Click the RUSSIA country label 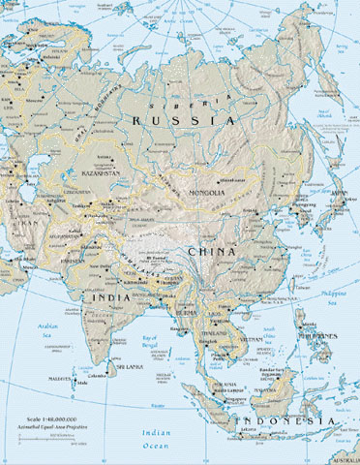[x=185, y=118]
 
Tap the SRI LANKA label [x=130, y=368]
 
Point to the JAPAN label [x=339, y=192]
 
